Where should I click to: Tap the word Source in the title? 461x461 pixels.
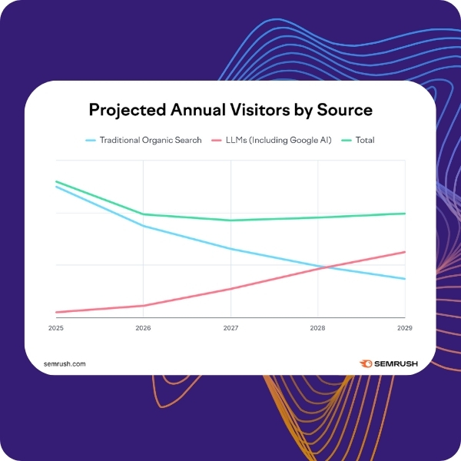[x=345, y=110]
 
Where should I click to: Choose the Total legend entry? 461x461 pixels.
[x=365, y=141]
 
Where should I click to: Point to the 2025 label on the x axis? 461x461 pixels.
[x=56, y=328]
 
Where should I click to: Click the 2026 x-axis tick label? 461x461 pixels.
[x=143, y=328]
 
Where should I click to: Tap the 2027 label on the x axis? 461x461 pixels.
[x=230, y=328]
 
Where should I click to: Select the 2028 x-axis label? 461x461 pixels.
[x=317, y=328]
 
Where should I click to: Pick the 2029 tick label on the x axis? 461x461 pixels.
[x=404, y=328]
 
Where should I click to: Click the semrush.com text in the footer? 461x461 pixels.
[x=65, y=363]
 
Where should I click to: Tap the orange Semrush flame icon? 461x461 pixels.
[x=366, y=363]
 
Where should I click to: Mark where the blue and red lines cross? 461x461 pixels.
[x=326, y=267]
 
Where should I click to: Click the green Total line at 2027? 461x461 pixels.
[x=230, y=221]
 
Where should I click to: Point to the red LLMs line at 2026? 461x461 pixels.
[x=144, y=306]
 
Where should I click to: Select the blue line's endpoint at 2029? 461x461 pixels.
[x=405, y=279]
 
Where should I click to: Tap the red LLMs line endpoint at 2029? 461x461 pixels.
[x=405, y=252]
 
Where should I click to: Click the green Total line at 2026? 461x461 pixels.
[x=144, y=214]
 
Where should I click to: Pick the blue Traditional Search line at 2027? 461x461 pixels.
[x=230, y=249]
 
